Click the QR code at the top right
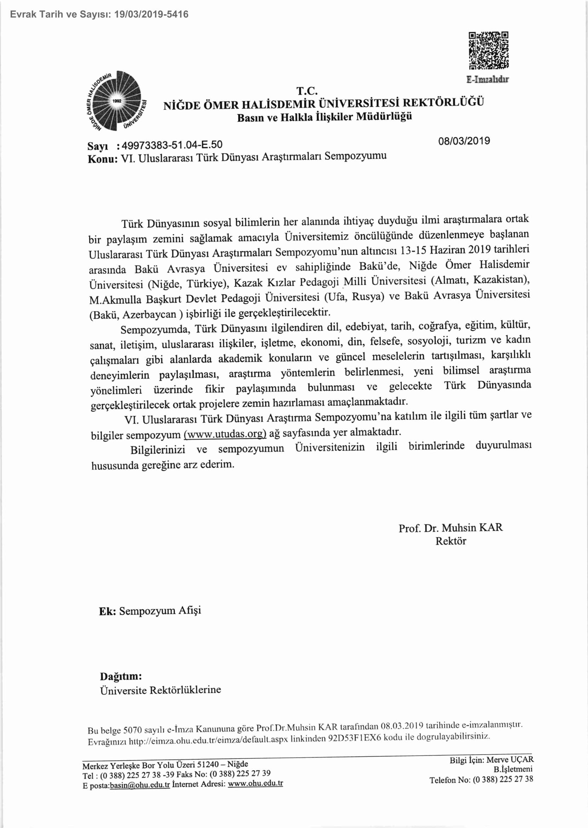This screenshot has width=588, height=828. pos(489,50)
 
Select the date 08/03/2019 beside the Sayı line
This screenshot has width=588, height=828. pos(464,141)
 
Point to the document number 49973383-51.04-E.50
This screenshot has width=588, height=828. pos(172,145)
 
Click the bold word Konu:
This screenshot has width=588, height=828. pos(103,159)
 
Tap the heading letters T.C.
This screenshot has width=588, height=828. pos(307,91)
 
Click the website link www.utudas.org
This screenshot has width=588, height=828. pos(225,434)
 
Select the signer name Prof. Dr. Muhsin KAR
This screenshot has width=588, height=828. pos(450,528)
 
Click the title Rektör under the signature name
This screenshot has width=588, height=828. pos(450,541)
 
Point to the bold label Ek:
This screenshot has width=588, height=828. pos(107,612)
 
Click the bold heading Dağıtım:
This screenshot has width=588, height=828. pos(121,676)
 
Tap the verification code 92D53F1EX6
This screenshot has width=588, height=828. pos(354,738)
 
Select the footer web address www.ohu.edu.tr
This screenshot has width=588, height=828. pos(255,783)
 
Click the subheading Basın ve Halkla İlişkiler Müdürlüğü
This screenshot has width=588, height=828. pos(324,117)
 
